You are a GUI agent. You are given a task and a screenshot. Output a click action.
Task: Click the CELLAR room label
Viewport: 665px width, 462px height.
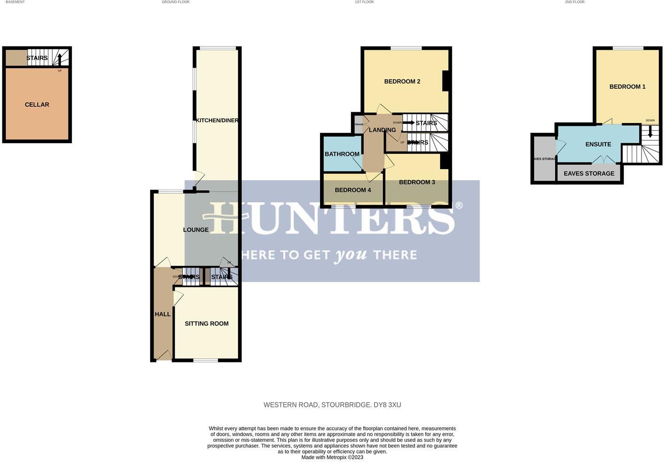pyautogui.click(x=37, y=105)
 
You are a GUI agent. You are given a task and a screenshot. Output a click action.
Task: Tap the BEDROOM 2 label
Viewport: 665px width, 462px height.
pyautogui.click(x=402, y=82)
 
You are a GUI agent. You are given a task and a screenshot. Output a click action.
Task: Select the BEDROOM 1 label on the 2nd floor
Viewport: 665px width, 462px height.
pyautogui.click(x=627, y=87)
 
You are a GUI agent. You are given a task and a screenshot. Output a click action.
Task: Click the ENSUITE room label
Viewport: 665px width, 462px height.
pyautogui.click(x=598, y=145)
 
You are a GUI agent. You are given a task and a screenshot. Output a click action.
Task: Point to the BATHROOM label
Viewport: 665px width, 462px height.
pyautogui.click(x=342, y=154)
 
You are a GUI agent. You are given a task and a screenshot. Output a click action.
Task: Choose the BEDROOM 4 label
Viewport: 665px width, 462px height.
pyautogui.click(x=353, y=190)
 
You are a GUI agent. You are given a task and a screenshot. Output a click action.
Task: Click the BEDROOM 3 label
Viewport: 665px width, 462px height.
pyautogui.click(x=417, y=182)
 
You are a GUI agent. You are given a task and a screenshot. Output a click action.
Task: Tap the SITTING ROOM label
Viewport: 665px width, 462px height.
pyautogui.click(x=206, y=323)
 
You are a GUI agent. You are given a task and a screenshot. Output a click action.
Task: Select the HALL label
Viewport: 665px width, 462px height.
pyautogui.click(x=162, y=314)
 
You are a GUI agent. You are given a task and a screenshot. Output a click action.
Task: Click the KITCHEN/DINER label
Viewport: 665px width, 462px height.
pyautogui.click(x=217, y=121)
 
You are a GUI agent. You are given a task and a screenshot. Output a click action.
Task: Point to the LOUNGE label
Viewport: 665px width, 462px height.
pyautogui.click(x=196, y=230)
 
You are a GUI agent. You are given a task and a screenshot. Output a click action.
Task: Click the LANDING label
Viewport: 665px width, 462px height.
pyautogui.click(x=382, y=130)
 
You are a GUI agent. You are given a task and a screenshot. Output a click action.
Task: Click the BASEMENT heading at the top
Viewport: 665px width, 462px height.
pyautogui.click(x=15, y=2)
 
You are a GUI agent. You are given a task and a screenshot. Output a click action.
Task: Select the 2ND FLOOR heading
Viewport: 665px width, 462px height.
pyautogui.click(x=574, y=2)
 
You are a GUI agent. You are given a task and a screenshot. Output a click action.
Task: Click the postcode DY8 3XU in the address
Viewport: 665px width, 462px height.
pyautogui.click(x=387, y=405)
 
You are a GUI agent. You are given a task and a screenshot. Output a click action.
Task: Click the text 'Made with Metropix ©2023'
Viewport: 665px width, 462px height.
pyautogui.click(x=332, y=457)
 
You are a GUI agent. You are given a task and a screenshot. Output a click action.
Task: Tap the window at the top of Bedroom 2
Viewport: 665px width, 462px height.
pyautogui.click(x=406, y=48)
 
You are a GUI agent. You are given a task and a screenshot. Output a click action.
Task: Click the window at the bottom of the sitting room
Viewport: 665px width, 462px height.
pyautogui.click(x=206, y=360)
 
